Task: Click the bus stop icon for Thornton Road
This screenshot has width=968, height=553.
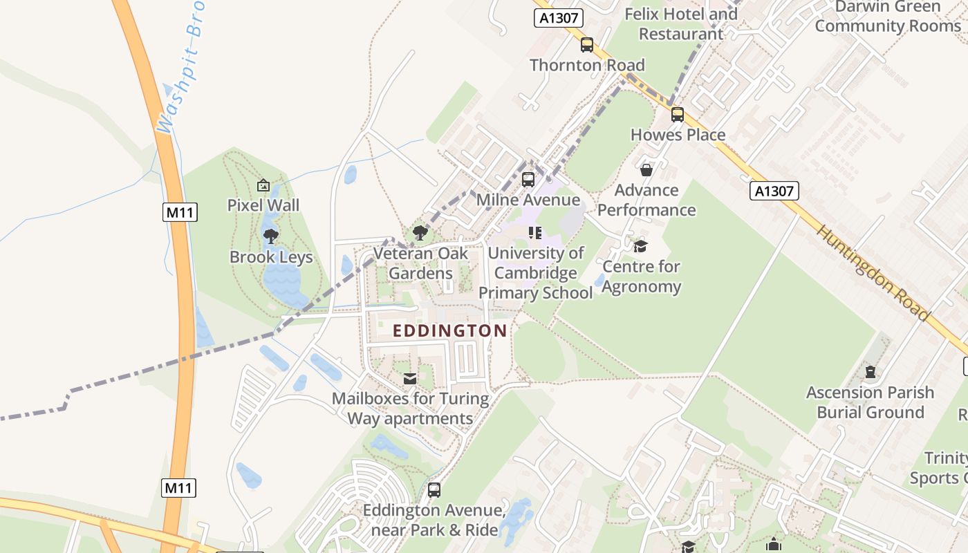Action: (587, 45)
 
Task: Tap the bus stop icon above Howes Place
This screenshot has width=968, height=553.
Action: (678, 115)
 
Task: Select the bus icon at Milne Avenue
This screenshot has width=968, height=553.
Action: (528, 180)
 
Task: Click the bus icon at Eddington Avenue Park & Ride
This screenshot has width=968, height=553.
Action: (434, 490)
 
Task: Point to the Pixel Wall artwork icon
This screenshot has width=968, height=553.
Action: (263, 185)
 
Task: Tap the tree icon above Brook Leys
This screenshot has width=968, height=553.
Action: (271, 237)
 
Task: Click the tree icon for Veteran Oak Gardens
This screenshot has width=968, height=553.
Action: (420, 233)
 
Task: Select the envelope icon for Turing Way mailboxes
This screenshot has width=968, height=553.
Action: (410, 379)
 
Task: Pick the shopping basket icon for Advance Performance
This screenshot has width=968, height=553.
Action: (646, 170)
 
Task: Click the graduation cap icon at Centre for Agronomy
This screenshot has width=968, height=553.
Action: (641, 247)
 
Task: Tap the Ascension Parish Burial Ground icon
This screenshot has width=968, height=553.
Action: (870, 373)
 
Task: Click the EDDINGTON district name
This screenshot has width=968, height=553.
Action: (450, 331)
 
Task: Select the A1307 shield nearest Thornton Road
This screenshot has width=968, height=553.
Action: (559, 18)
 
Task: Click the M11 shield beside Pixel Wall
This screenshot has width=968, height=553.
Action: (180, 212)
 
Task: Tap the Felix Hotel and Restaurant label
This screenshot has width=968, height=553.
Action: (681, 24)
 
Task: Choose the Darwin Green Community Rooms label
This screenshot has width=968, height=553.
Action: (888, 17)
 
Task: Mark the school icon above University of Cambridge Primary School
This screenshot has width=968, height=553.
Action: (535, 233)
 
